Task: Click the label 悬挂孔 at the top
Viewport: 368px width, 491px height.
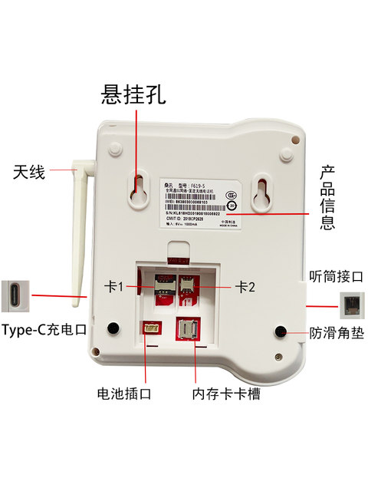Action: [x=135, y=93]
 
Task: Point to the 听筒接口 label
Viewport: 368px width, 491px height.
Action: [x=335, y=275]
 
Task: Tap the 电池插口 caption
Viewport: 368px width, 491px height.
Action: [x=124, y=394]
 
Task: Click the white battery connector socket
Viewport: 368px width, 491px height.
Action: [x=149, y=328]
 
